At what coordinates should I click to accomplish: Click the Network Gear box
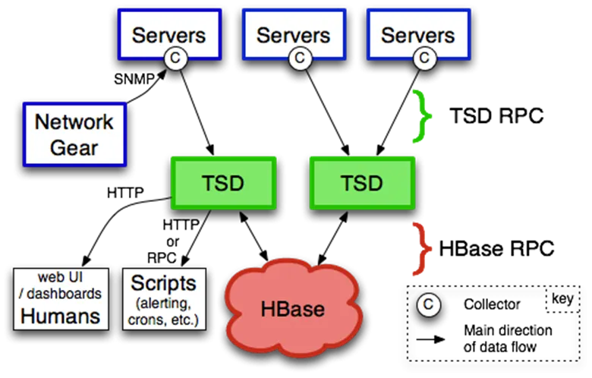(x=74, y=134)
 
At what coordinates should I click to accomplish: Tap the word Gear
(x=74, y=146)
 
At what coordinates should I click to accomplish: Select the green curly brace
(x=422, y=116)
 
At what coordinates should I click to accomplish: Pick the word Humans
(x=61, y=316)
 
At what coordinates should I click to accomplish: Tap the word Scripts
(x=163, y=284)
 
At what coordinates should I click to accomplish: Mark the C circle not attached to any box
(x=429, y=305)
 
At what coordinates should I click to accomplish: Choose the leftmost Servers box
(x=168, y=33)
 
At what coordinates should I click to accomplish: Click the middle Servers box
(x=293, y=33)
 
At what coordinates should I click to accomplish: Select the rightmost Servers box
(x=417, y=33)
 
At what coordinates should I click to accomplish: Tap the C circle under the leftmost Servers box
(x=175, y=58)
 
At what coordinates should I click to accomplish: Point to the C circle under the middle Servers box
(x=300, y=58)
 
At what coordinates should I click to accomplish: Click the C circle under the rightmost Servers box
(x=424, y=58)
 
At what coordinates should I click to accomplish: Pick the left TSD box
(x=224, y=183)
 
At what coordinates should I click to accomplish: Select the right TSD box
(x=362, y=183)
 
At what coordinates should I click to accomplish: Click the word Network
(x=74, y=121)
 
